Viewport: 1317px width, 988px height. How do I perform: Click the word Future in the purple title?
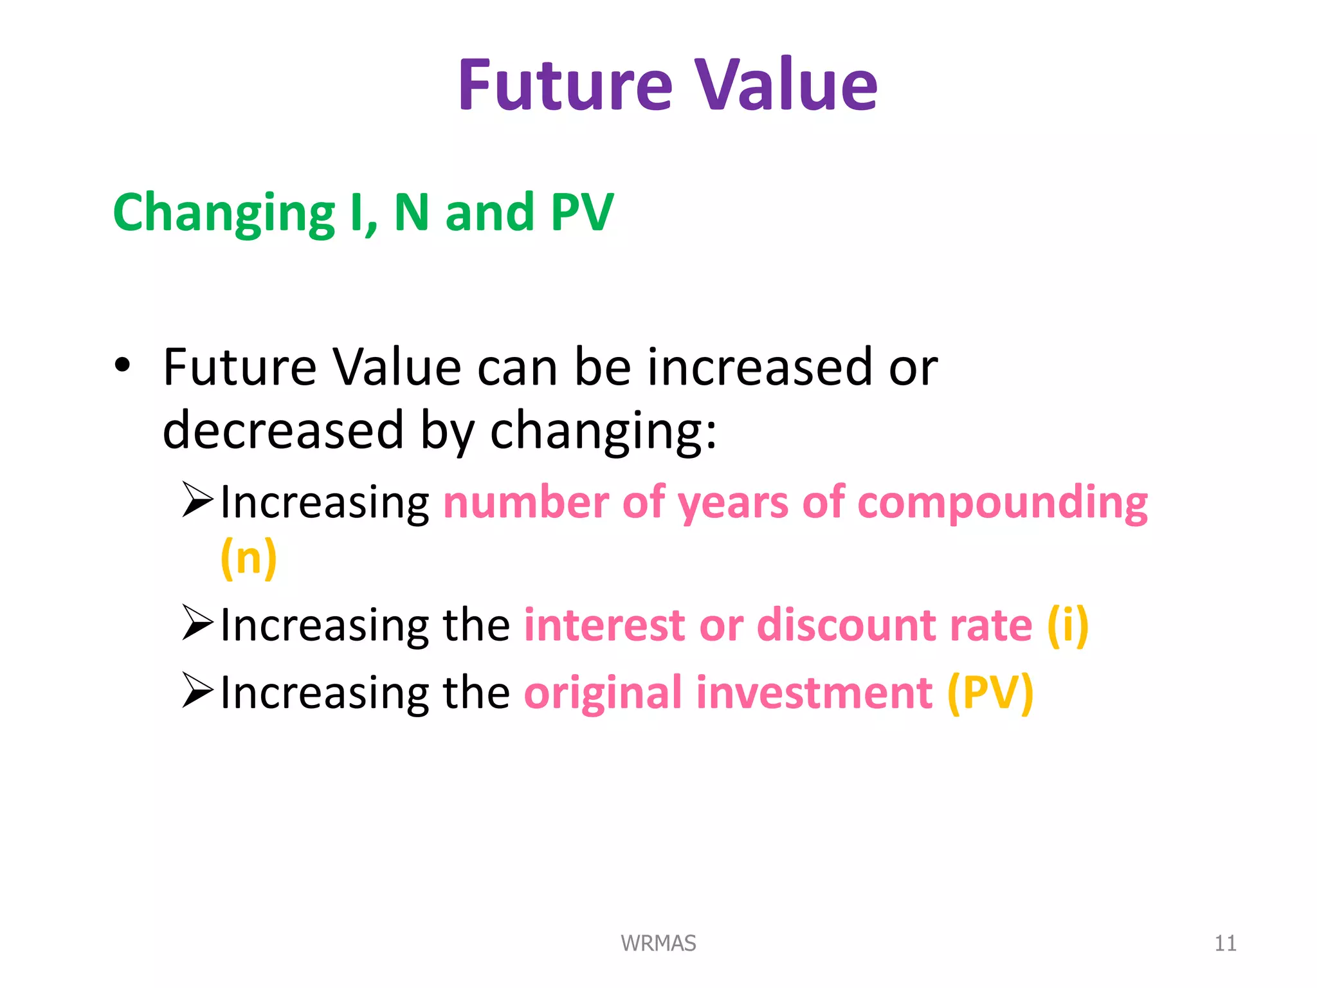[x=565, y=86]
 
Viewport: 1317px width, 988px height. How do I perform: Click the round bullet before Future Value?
[x=122, y=366]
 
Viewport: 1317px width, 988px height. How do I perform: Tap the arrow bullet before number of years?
[x=197, y=500]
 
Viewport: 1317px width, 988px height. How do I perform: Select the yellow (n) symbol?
[x=248, y=558]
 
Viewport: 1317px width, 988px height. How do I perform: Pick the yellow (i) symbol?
[x=1067, y=625]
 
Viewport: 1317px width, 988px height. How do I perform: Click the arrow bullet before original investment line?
[x=197, y=690]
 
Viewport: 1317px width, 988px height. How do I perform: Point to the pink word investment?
[x=814, y=693]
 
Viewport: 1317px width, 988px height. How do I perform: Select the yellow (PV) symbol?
[x=990, y=693]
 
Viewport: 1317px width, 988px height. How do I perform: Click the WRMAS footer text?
[x=658, y=943]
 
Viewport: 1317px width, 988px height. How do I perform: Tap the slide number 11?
[x=1224, y=943]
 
